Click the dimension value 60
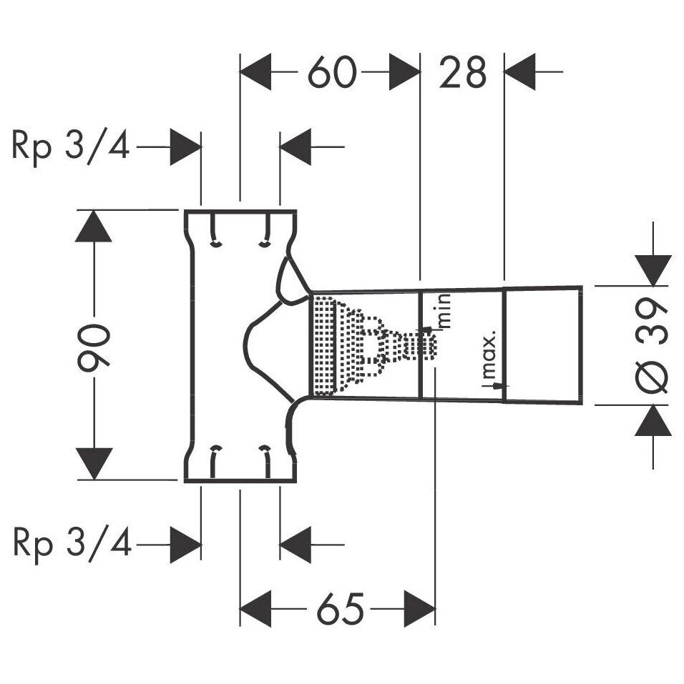[x=332, y=72]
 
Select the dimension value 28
[x=462, y=72]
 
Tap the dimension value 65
[x=341, y=608]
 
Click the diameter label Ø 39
[x=653, y=345]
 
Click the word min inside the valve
[x=444, y=312]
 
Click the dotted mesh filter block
[x=324, y=346]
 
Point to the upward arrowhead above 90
[x=94, y=226]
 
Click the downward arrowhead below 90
[x=94, y=464]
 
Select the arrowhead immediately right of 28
[x=520, y=71]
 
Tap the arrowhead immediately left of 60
[x=255, y=71]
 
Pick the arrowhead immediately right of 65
[x=420, y=608]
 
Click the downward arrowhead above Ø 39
[x=653, y=270]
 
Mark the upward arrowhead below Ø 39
[x=653, y=420]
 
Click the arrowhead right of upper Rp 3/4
[x=185, y=147]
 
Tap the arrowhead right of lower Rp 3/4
[x=185, y=545]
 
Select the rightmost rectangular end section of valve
[x=543, y=345]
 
